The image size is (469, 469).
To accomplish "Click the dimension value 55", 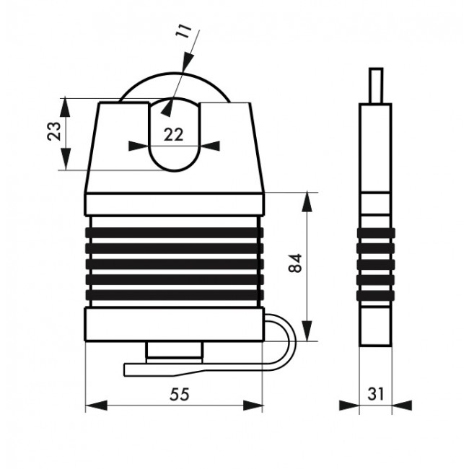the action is (180, 394).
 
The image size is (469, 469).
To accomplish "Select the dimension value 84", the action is (296, 263).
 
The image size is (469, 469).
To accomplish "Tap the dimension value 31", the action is (375, 394).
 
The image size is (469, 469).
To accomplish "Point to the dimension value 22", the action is (173, 135).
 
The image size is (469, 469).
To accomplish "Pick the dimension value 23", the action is (54, 131).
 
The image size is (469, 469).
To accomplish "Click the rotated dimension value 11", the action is (183, 30).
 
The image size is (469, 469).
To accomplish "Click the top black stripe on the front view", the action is (175, 233).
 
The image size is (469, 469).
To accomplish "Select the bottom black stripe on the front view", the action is (175, 295).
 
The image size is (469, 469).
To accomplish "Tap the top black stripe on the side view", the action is (376, 233).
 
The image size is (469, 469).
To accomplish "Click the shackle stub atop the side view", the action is (376, 86).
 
